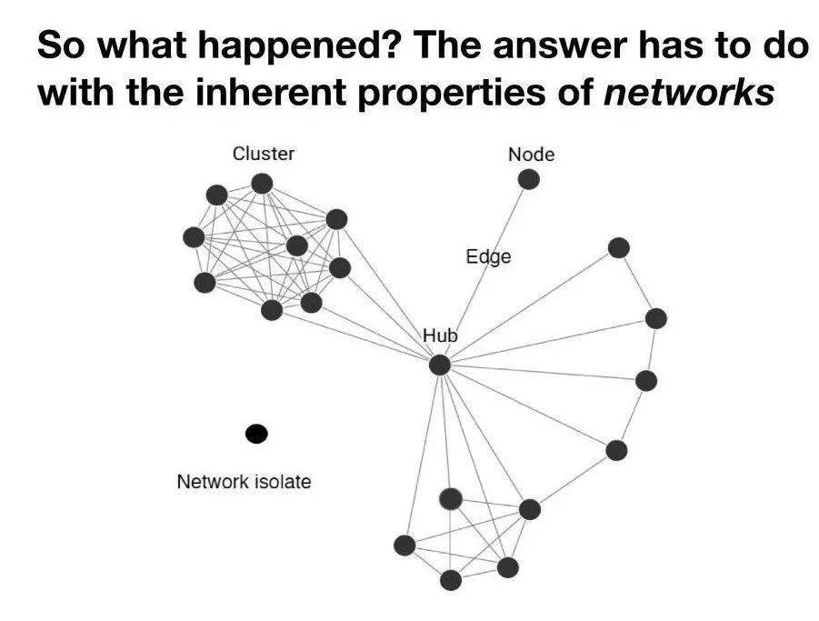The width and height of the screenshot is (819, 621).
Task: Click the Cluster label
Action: (264, 154)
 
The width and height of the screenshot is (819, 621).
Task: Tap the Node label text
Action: (531, 155)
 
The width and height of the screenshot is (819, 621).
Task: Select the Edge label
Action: (488, 257)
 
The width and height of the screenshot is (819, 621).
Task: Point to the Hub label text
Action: (440, 335)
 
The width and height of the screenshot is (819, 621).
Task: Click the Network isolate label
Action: (244, 482)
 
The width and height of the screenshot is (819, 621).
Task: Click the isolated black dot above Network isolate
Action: (256, 434)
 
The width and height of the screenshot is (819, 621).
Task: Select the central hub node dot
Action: (440, 365)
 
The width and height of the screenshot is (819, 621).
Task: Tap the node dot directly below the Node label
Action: (529, 179)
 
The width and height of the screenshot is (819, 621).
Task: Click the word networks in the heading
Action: (688, 92)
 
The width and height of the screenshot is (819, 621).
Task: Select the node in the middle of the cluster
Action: (296, 245)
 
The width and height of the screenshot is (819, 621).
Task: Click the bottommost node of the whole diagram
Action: (451, 580)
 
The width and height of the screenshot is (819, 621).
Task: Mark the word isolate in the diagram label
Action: (283, 482)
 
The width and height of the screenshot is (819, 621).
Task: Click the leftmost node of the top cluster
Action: (194, 237)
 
